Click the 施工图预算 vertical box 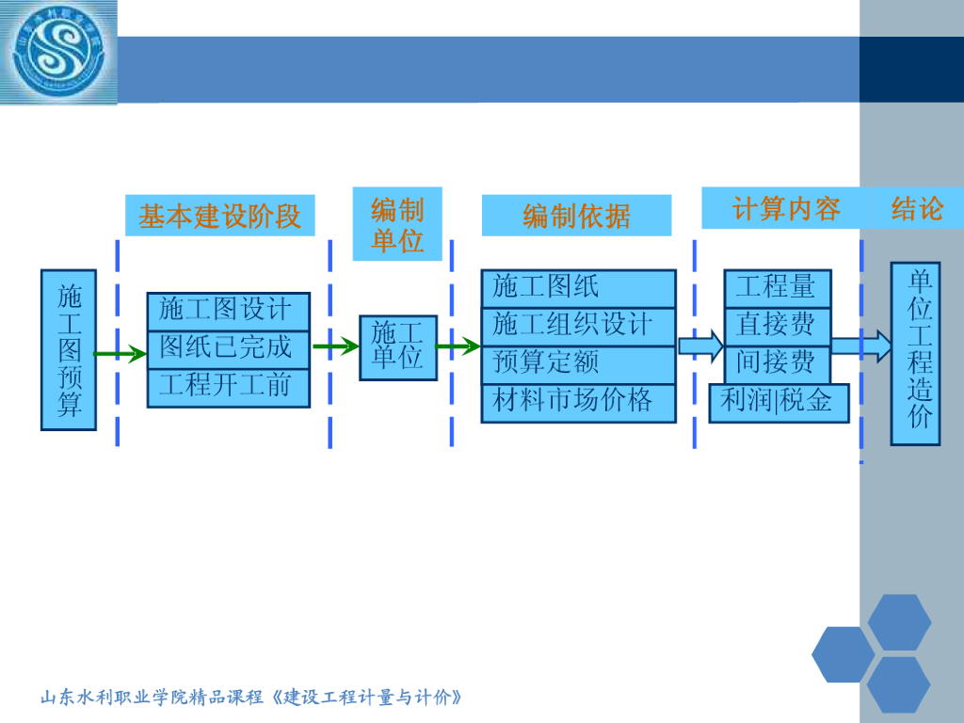69,349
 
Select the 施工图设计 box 228,311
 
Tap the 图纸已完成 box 228,348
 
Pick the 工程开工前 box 228,387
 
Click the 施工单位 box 397,347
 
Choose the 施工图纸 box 578,288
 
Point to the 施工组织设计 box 578,326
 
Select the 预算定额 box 578,364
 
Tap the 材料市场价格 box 578,403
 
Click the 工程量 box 777,288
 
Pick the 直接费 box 777,326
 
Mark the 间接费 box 777,363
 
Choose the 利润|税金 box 778,402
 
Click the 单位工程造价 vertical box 915,353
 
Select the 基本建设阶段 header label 220,217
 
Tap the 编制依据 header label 576,217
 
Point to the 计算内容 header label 786,209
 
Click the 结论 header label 917,209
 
